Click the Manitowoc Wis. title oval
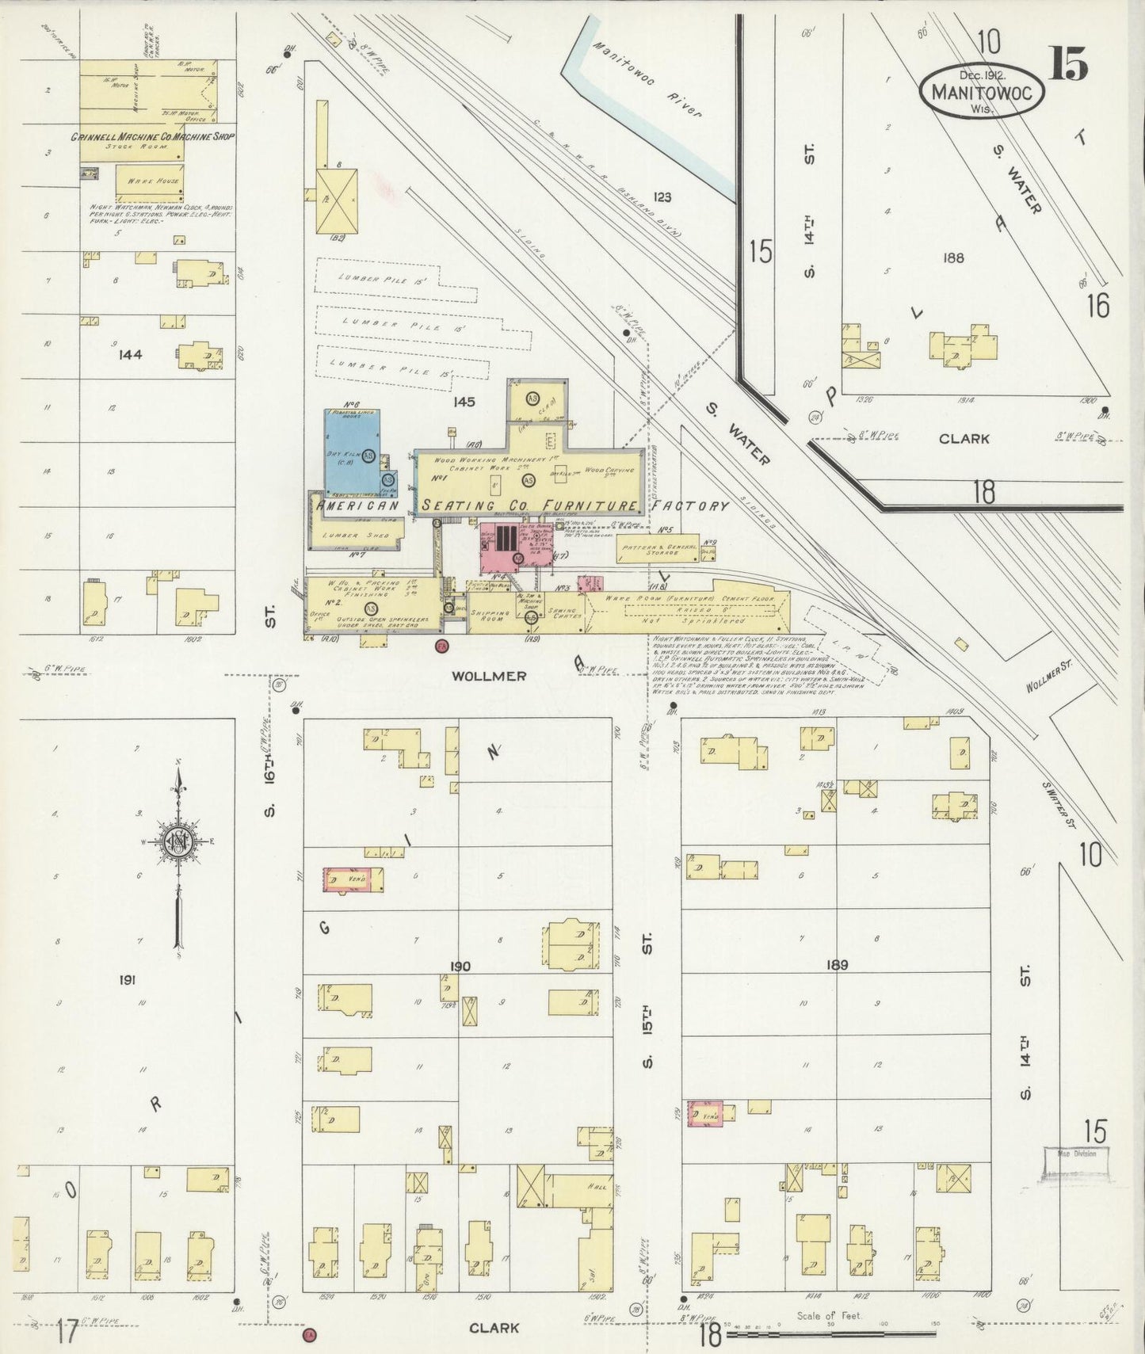pos(982,91)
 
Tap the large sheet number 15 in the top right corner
pos(1069,63)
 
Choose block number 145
pos(464,402)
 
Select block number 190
pos(460,966)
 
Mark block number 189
pos(837,964)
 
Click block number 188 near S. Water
pos(953,257)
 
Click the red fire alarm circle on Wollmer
pos(441,646)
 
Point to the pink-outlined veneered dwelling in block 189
pos(704,1114)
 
